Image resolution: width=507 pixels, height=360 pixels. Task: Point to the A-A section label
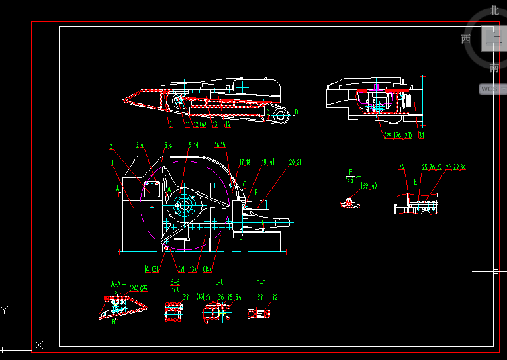pyautogui.click(x=118, y=284)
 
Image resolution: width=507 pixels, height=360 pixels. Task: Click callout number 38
pyautogui.click(x=186, y=297)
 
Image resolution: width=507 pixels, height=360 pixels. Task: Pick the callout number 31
pyautogui.click(x=421, y=136)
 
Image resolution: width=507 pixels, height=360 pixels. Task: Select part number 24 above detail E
pyautogui.click(x=401, y=167)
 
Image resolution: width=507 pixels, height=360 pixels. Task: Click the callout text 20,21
pyautogui.click(x=295, y=162)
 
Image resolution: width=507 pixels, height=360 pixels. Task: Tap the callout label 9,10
pyautogui.click(x=193, y=145)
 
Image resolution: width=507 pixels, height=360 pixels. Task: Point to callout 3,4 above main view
pyautogui.click(x=140, y=144)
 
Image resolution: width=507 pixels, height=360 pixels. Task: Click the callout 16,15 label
pyautogui.click(x=220, y=144)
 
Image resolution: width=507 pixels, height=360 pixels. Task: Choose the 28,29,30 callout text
pyautogui.click(x=455, y=167)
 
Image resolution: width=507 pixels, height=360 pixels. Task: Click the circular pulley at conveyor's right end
pyautogui.click(x=281, y=116)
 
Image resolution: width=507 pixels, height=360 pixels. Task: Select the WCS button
pyautogui.click(x=488, y=89)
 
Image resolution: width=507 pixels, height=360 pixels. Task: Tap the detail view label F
pyautogui.click(x=351, y=172)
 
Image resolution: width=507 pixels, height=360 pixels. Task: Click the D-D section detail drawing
pyautogui.click(x=259, y=312)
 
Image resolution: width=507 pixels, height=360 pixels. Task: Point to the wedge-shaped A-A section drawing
pyautogui.click(x=120, y=308)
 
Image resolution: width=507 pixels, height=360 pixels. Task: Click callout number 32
pyautogui.click(x=275, y=298)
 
